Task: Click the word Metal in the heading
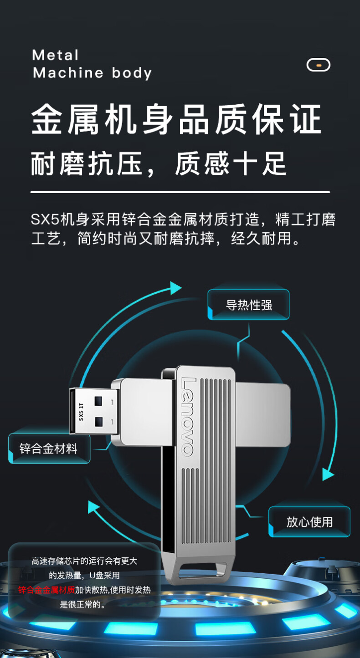(x=55, y=55)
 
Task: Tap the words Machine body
(x=92, y=73)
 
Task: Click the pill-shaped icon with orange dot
(x=318, y=65)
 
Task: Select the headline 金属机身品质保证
(x=176, y=119)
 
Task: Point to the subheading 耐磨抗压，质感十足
(x=159, y=163)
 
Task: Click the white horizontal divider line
(x=180, y=193)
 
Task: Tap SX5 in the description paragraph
(x=45, y=219)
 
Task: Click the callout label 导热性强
(x=249, y=305)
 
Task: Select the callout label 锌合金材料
(x=49, y=449)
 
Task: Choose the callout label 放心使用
(x=309, y=522)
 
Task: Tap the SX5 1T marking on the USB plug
(x=81, y=412)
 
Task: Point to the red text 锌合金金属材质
(x=46, y=590)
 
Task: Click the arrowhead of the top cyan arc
(x=176, y=288)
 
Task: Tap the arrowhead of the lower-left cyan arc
(x=94, y=507)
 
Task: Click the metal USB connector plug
(x=94, y=411)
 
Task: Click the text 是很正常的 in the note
(x=82, y=604)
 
